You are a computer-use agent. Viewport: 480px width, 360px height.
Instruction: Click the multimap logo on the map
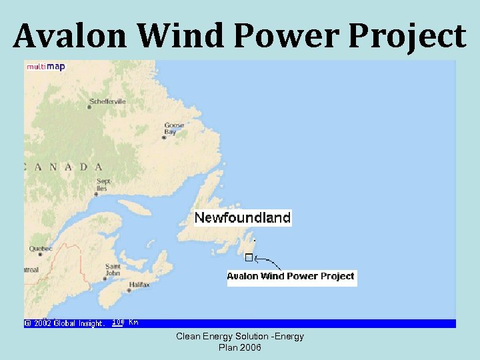click(45, 67)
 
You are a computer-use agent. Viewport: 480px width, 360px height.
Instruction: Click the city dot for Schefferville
click(89, 107)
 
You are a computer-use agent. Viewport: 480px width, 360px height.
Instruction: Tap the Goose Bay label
click(174, 128)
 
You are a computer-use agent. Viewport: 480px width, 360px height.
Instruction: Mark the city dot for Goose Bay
click(164, 138)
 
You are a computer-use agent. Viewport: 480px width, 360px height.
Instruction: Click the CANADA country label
click(64, 167)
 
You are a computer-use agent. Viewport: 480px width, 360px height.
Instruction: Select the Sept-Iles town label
click(103, 184)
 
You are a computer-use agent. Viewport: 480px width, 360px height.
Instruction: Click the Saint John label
click(113, 269)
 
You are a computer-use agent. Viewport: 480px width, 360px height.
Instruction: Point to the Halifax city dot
click(129, 290)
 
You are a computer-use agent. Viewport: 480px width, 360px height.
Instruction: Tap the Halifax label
click(140, 285)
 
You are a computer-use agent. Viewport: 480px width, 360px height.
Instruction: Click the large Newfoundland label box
click(243, 217)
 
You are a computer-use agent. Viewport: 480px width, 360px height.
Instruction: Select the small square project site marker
click(249, 257)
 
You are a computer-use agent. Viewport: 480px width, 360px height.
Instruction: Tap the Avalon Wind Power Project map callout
click(291, 276)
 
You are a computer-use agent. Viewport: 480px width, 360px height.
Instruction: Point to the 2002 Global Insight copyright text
click(65, 323)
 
